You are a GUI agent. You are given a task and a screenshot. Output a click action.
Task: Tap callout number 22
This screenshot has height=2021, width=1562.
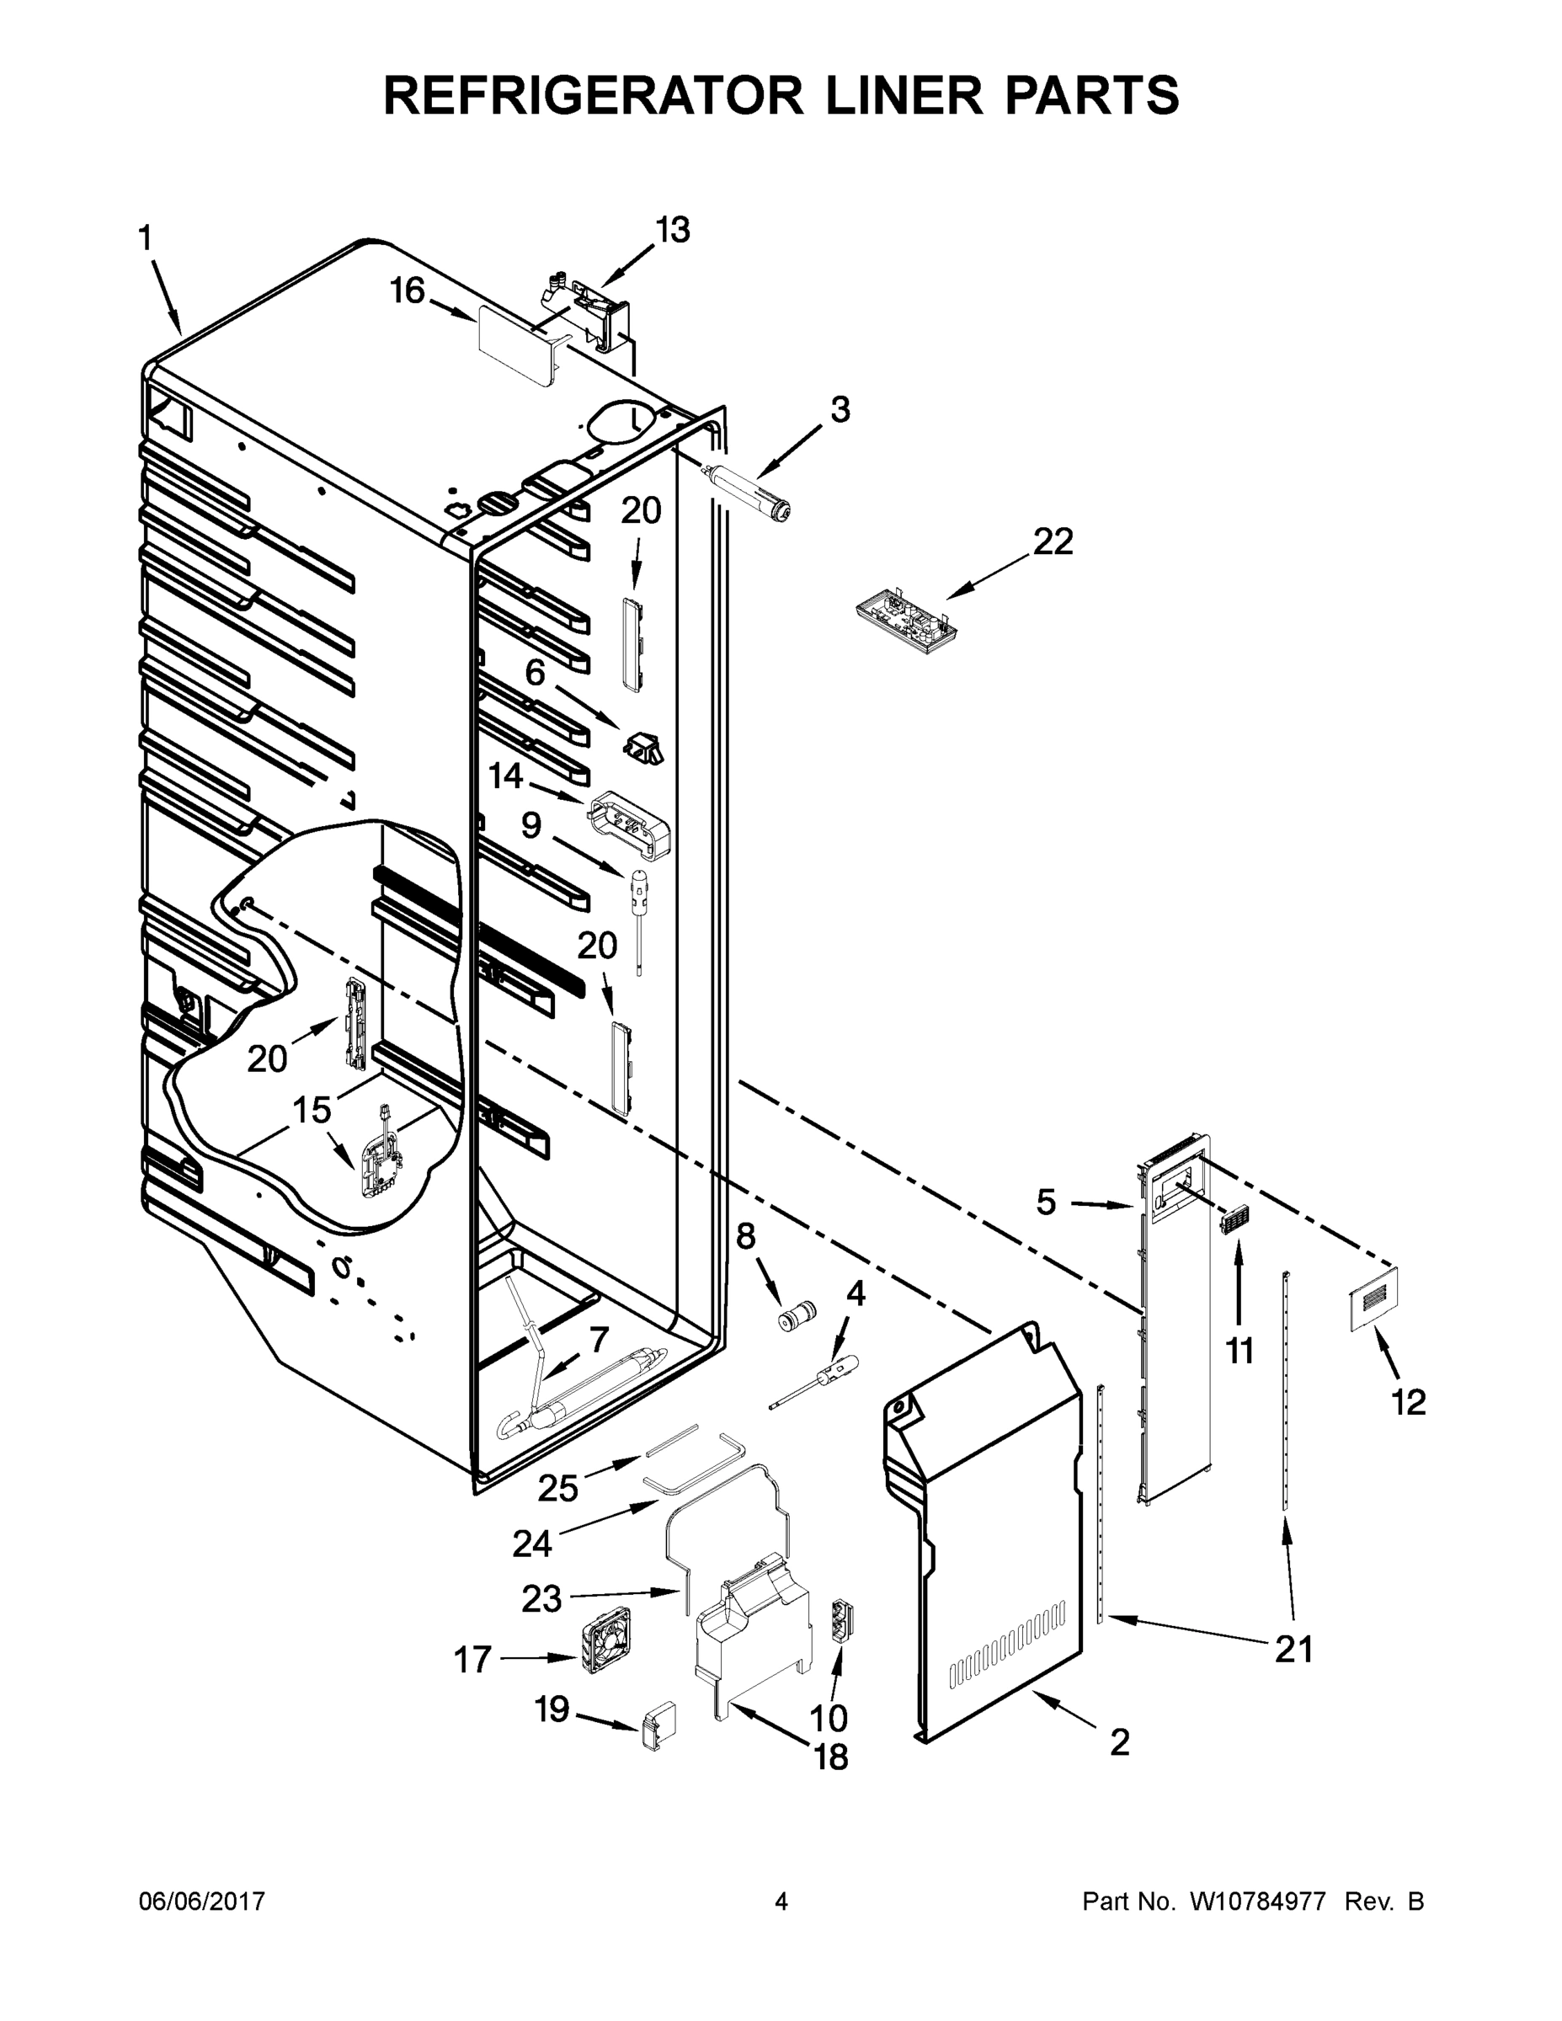(x=1053, y=541)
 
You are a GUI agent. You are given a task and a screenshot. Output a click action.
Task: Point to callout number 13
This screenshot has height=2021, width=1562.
(x=673, y=230)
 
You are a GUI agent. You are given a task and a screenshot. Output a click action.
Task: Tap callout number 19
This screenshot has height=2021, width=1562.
(x=552, y=1709)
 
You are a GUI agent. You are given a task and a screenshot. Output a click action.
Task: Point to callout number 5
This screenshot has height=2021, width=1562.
(x=1045, y=1203)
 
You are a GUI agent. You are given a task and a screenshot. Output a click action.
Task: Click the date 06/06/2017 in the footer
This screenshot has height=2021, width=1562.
(x=202, y=1901)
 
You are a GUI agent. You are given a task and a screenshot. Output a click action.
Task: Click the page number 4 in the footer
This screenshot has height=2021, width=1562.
(x=781, y=1901)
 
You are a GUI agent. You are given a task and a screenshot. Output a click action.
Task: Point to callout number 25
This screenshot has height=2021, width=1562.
(x=558, y=1488)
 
